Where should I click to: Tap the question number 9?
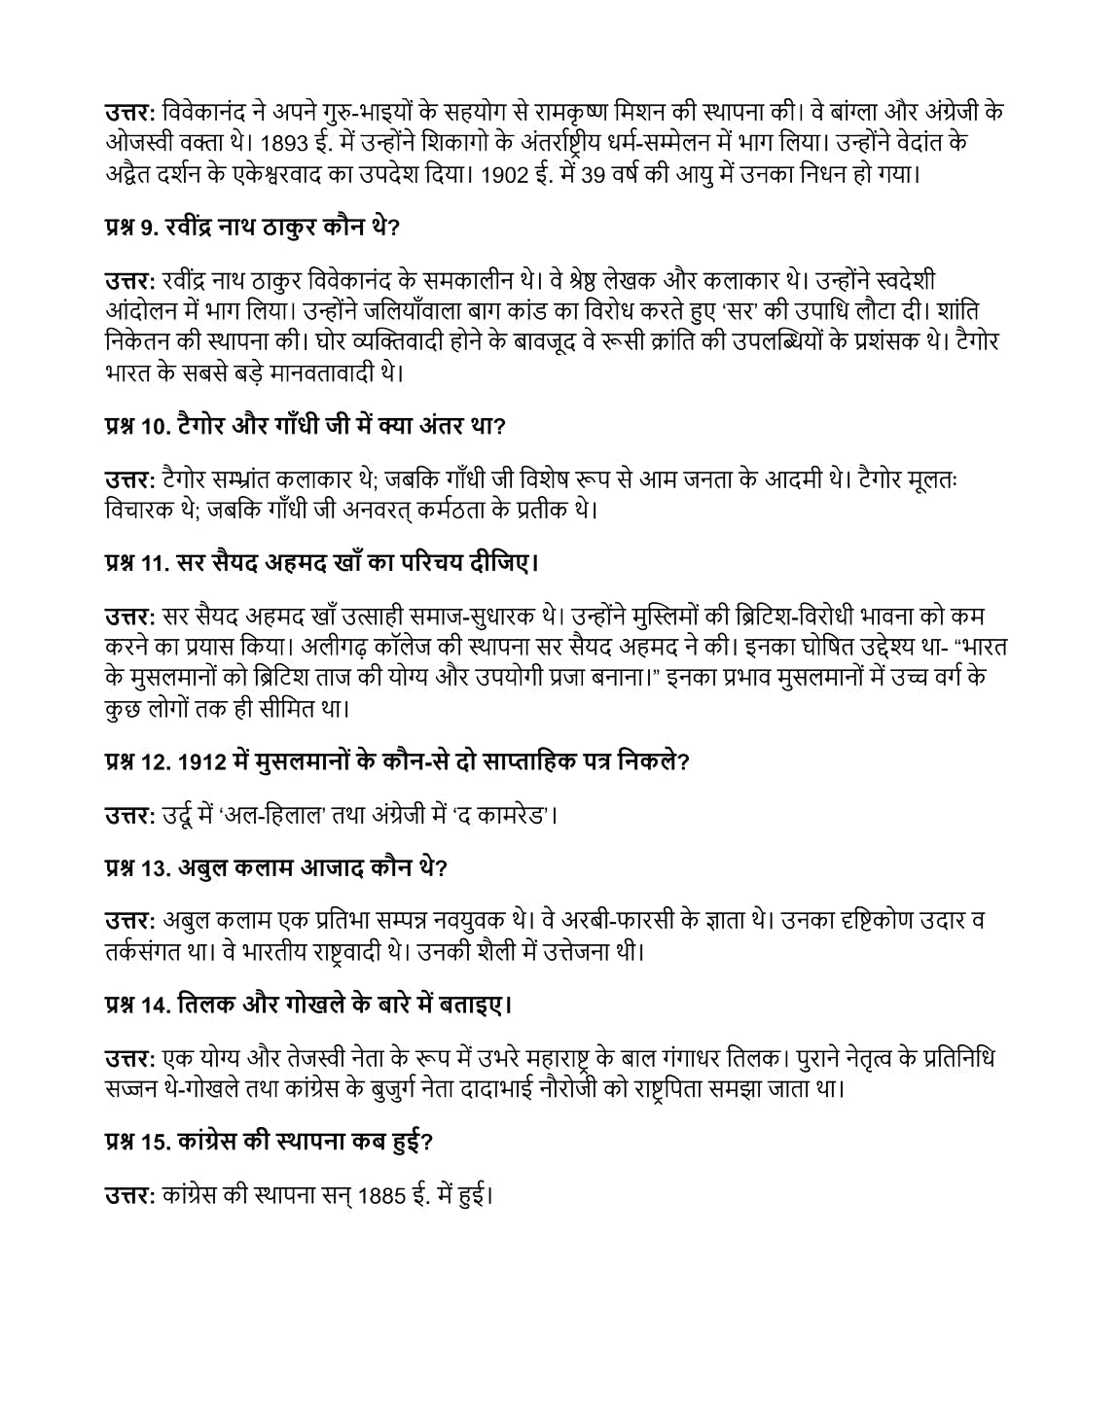click(x=148, y=229)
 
